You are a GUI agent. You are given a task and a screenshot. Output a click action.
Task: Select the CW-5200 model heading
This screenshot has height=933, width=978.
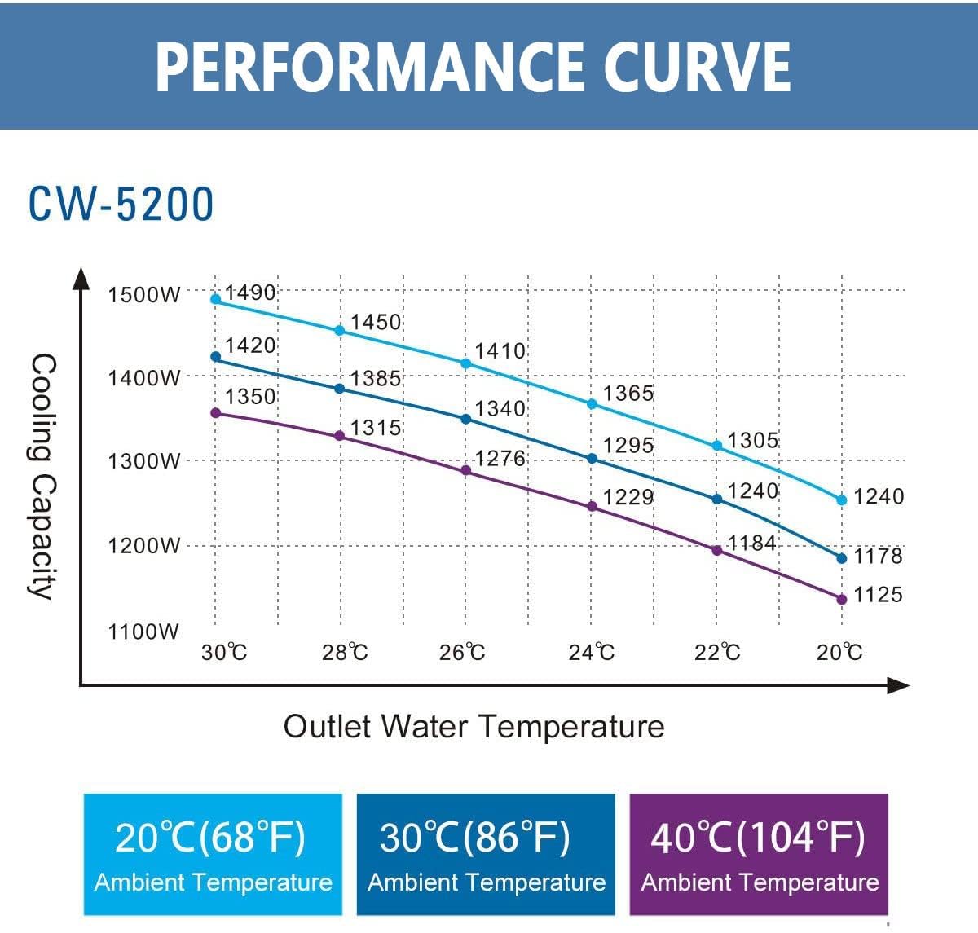[x=121, y=204]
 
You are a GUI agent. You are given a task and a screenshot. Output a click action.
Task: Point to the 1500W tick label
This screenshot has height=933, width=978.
[x=144, y=294]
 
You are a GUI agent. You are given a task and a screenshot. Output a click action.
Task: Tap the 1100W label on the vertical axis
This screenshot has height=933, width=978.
[x=143, y=632]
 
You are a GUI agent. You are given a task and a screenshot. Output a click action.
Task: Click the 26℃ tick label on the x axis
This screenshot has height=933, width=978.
[x=462, y=653]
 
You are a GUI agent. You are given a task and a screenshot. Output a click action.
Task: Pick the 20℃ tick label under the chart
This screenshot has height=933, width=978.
[x=839, y=653]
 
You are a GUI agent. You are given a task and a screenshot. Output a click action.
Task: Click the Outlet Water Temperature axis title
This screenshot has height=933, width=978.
[x=474, y=726]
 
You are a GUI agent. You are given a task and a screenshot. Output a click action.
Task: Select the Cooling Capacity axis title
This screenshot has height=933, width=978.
[x=42, y=476]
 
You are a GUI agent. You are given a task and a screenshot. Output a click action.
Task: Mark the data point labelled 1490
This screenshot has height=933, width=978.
[x=216, y=299]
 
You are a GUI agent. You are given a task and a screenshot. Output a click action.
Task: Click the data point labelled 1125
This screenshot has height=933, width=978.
[x=842, y=600]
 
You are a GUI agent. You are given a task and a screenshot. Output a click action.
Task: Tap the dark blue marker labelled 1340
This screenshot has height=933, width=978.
[x=466, y=419]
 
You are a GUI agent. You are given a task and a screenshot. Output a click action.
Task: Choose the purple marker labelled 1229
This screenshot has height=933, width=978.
[x=593, y=507]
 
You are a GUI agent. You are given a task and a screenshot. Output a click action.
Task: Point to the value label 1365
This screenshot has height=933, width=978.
[x=628, y=394]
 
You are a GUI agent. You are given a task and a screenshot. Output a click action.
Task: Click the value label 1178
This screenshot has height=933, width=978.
[x=878, y=556]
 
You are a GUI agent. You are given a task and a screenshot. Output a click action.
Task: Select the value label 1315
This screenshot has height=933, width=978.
[x=376, y=428]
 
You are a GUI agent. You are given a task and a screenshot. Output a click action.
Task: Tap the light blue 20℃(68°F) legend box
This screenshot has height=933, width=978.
[x=213, y=854]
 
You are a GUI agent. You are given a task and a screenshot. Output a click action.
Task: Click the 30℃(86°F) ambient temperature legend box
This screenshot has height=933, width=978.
[x=486, y=854]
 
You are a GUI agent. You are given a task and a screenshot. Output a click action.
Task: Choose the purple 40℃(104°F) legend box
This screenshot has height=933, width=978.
[x=759, y=854]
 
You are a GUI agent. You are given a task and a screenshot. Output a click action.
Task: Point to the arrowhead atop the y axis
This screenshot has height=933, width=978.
[x=81, y=278]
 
